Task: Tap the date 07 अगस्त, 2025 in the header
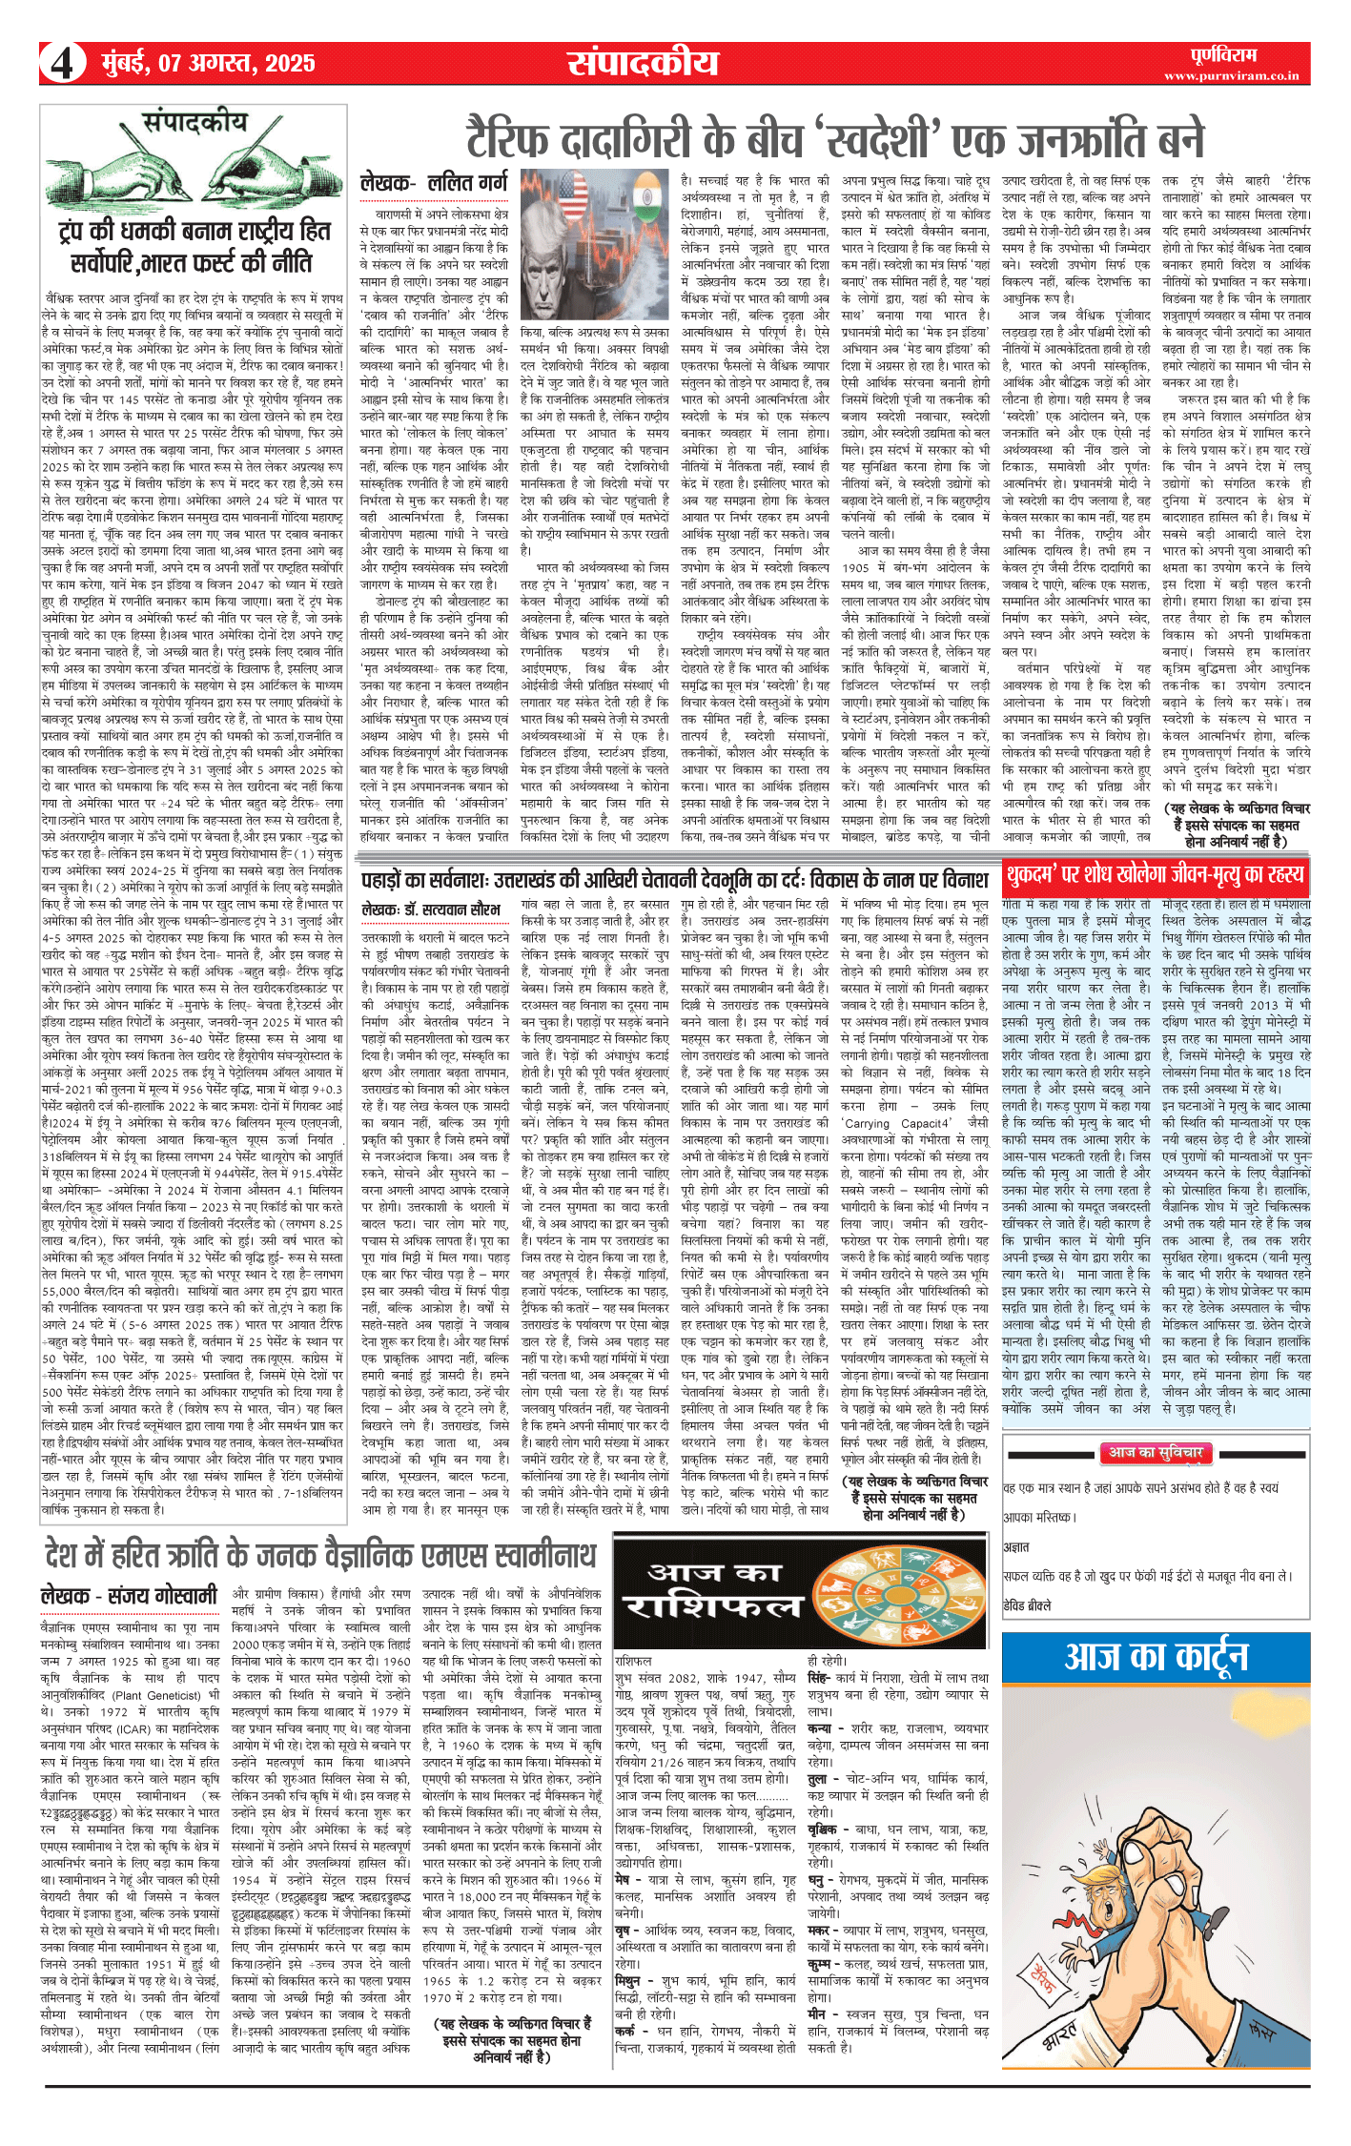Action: coord(208,64)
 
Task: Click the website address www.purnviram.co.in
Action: coord(1231,75)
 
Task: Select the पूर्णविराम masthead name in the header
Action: coord(1223,54)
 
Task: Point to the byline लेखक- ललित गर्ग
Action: coord(434,183)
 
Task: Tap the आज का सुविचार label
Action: coord(1155,1452)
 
